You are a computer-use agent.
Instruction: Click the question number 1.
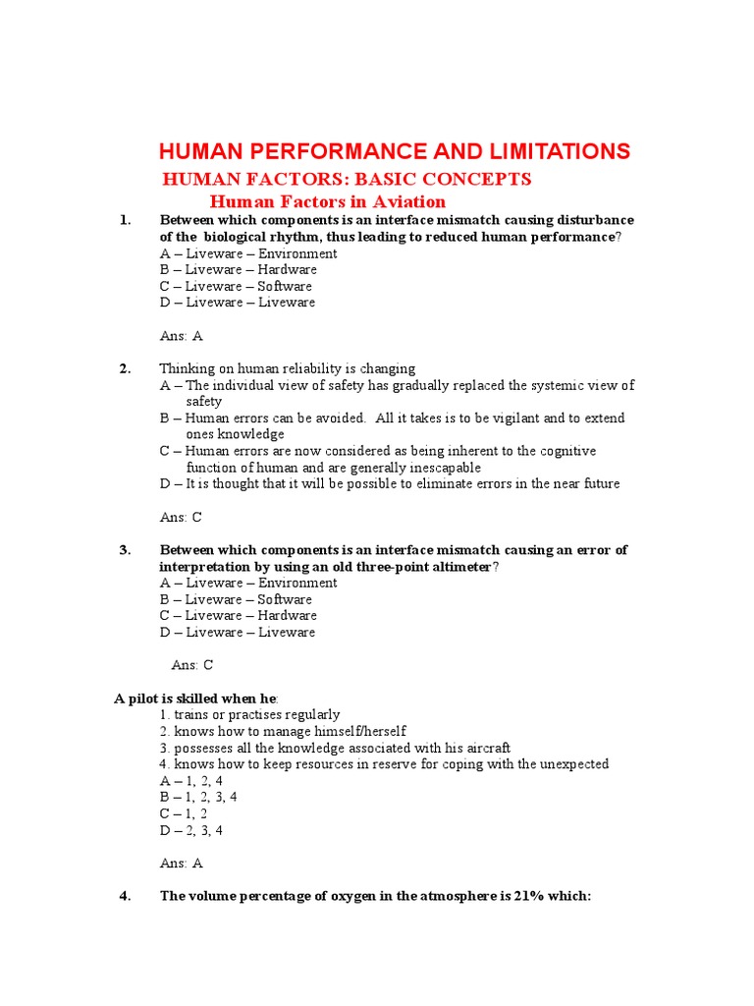click(x=125, y=220)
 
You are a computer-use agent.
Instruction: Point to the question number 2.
click(x=125, y=369)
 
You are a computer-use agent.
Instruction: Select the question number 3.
click(x=125, y=550)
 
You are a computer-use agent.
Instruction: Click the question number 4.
click(x=125, y=896)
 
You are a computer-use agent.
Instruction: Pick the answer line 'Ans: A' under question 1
click(x=181, y=336)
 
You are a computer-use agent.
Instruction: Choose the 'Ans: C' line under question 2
click(x=181, y=517)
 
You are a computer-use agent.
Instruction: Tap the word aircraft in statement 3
click(x=484, y=748)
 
